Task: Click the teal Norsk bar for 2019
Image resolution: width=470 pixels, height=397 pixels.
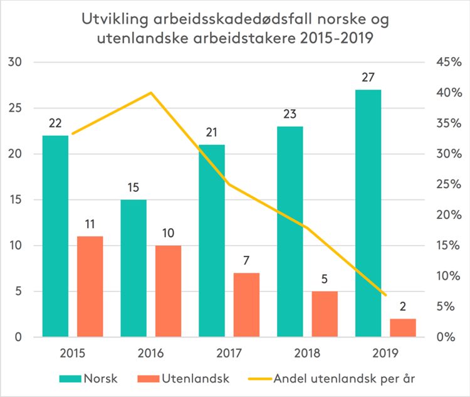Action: click(368, 213)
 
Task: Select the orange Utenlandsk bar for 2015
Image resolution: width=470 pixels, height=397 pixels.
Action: click(90, 287)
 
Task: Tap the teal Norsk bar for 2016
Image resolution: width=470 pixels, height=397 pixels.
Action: click(133, 268)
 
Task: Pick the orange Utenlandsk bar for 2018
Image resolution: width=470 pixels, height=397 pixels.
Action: click(325, 314)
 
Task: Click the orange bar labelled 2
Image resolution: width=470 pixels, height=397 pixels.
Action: click(402, 328)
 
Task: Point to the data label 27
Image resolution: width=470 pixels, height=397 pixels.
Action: click(368, 78)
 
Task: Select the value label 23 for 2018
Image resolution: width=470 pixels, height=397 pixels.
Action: click(290, 115)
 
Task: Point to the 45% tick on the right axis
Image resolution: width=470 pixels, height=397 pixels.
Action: click(447, 63)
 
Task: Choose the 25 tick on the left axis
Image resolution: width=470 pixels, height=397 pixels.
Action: click(16, 109)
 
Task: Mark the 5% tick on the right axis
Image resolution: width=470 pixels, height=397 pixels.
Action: click(450, 307)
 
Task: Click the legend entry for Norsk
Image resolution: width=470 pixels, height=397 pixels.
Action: click(88, 379)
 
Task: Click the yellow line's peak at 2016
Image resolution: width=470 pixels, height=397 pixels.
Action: click(151, 93)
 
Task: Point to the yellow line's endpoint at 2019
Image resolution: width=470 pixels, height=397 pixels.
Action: click(385, 295)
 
